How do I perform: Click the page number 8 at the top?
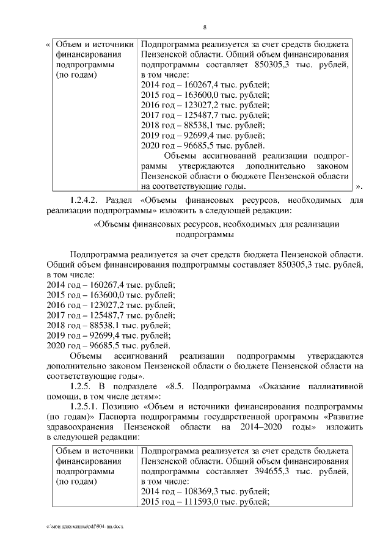click(x=205, y=27)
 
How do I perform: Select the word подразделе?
click(x=134, y=386)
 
